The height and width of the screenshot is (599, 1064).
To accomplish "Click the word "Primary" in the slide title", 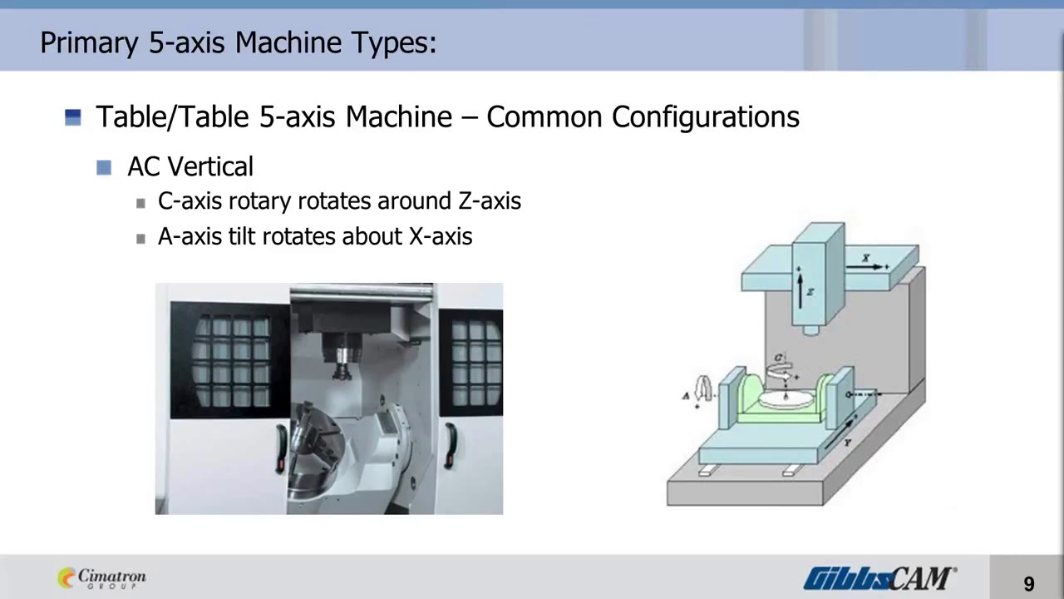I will coord(90,42).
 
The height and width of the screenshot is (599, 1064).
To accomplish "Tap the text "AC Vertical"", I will coord(190,166).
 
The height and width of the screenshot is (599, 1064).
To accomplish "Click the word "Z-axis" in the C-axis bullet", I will coord(490,201).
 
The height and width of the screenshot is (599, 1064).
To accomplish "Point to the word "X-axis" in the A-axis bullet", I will coord(441,237).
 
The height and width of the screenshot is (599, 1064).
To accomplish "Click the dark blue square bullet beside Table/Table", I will coord(73,117).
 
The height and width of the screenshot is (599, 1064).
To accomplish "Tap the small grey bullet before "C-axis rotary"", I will coord(140,203).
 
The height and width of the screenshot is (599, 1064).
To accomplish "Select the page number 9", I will coord(1029,584).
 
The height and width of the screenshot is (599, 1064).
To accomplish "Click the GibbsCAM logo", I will coord(879,577).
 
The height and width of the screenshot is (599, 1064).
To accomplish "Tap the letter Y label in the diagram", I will coord(848,443).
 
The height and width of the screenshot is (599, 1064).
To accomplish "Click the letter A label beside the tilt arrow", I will coord(686,396).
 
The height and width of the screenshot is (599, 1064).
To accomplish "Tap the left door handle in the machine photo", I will coord(282,447).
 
